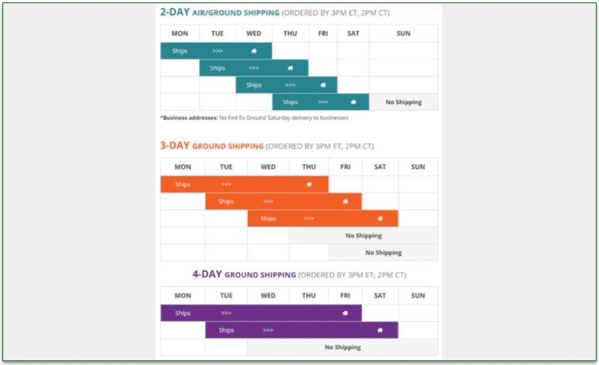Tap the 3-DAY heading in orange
(x=176, y=145)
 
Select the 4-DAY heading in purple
(x=208, y=274)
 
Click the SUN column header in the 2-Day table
(x=403, y=33)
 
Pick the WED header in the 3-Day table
(x=268, y=167)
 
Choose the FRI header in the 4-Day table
(x=344, y=295)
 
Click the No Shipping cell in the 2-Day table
(x=403, y=102)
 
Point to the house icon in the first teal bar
(x=254, y=51)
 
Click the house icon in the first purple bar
(x=345, y=313)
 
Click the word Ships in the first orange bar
(x=183, y=184)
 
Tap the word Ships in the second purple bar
(x=226, y=330)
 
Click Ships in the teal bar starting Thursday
(x=290, y=102)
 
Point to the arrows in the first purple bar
(x=226, y=313)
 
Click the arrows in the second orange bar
(x=268, y=201)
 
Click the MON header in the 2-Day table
(x=180, y=33)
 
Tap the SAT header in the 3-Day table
(x=379, y=167)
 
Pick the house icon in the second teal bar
(x=290, y=68)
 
